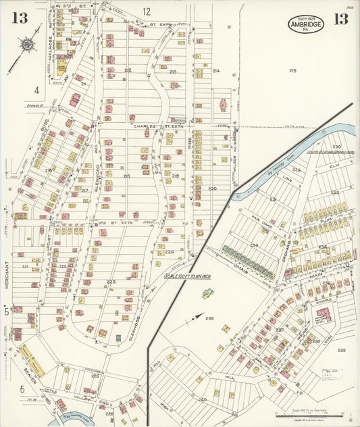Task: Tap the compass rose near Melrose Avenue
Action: pyautogui.click(x=28, y=45)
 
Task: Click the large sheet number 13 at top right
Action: pyautogui.click(x=340, y=18)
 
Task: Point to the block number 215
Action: pyautogui.click(x=292, y=70)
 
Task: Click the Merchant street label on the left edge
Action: pyautogui.click(x=5, y=276)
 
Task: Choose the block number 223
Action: pyautogui.click(x=111, y=282)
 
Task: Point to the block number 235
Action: pyautogui.click(x=209, y=318)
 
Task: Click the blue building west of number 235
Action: pyautogui.click(x=207, y=293)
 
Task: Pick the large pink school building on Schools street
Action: pyautogui.click(x=324, y=314)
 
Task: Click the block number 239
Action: pyautogui.click(x=341, y=350)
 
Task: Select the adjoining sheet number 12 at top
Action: pyautogui.click(x=147, y=11)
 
